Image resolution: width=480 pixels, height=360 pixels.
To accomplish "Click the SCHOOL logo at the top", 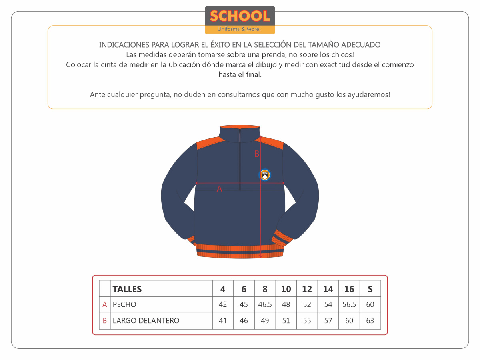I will (x=240, y=19).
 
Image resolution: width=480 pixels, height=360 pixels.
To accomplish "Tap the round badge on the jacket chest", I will (x=264, y=175).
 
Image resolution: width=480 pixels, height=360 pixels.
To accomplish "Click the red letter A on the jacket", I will (x=219, y=189).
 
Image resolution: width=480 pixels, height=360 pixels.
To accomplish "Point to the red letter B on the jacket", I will (x=257, y=154).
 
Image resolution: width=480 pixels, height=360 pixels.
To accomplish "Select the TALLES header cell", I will (x=127, y=289).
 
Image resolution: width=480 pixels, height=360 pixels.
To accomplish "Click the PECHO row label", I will (x=124, y=304).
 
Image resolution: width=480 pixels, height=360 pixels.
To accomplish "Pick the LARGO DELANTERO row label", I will (x=146, y=320).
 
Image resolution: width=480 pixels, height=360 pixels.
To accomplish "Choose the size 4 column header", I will (x=223, y=289).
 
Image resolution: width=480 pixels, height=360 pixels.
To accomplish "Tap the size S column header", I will (x=370, y=289).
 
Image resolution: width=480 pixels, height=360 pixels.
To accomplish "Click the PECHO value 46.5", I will (x=265, y=304).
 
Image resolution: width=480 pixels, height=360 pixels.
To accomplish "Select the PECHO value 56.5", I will (x=349, y=304).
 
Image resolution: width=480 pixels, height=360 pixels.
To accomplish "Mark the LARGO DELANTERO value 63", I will (x=370, y=320).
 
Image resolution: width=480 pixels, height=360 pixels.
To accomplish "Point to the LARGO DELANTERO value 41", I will (x=223, y=320).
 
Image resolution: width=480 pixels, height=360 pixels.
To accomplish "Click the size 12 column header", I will (x=307, y=289).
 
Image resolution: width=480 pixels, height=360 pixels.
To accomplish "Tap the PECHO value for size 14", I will (x=328, y=304).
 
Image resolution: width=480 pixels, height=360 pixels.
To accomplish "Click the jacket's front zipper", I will (x=240, y=160).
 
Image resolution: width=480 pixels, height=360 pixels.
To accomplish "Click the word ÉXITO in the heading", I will (x=216, y=45).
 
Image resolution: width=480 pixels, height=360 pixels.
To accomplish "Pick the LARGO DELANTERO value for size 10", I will (x=286, y=320).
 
